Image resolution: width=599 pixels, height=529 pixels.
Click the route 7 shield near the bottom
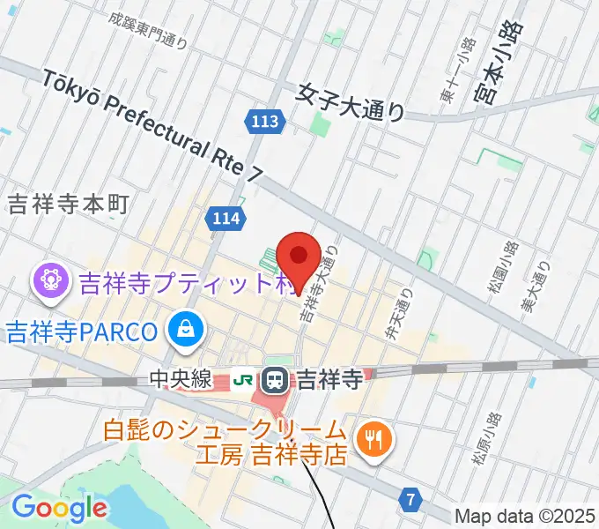410,500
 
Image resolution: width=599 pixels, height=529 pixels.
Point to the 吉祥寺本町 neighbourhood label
68,205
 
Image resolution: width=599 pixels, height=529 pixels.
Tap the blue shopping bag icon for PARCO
187,331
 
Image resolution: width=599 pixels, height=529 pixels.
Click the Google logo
59,507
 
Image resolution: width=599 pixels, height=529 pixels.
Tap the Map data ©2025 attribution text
524,516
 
